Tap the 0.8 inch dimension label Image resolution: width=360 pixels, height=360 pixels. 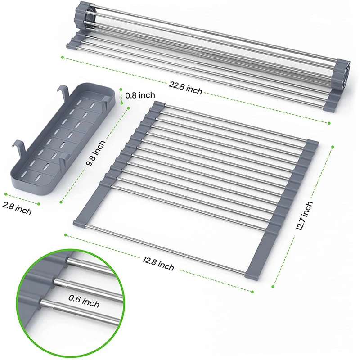pos(140,95)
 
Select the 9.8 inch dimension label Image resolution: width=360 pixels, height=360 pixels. pos(95,153)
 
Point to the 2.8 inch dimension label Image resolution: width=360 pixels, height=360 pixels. pos(17,208)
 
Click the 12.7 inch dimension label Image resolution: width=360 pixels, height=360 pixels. pos(305,216)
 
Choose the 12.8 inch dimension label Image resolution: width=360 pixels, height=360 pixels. pos(158,264)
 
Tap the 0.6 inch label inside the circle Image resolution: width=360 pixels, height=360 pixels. pos(84,301)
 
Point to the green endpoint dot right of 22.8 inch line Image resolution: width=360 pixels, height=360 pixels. pos(329,123)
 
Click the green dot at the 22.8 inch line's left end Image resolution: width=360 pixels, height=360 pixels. pos(63,58)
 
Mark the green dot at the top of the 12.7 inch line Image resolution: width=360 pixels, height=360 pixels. pos(333,147)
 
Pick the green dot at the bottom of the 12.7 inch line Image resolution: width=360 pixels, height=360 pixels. pos(273,286)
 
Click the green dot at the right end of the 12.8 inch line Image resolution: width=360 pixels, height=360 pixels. pos(252,292)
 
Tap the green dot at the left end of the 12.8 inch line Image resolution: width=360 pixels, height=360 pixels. pos(66,235)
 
